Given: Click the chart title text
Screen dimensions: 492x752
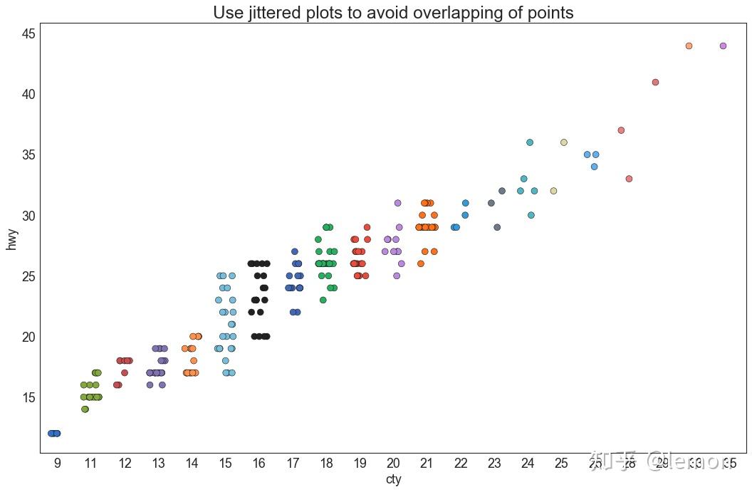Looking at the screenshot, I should [x=393, y=13].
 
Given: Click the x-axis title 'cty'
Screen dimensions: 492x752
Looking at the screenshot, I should [x=393, y=479].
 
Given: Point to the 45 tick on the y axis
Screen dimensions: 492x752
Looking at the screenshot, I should [x=27, y=33].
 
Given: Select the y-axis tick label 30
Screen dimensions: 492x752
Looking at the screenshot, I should [x=27, y=216].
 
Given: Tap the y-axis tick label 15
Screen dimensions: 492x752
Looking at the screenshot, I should [x=27, y=397].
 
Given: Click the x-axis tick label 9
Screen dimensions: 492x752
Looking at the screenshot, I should [x=57, y=464].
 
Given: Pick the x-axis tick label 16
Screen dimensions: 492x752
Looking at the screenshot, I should [x=258, y=464].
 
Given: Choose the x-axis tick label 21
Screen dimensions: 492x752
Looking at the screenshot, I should [x=427, y=464].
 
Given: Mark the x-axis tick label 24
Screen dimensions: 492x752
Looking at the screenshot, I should [x=528, y=464].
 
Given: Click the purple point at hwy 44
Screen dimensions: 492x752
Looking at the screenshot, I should [x=723, y=46].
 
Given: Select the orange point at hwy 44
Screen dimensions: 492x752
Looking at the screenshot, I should [x=689, y=46].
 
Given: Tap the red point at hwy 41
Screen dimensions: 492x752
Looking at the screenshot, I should [x=655, y=82].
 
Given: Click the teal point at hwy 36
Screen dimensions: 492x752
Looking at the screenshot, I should [x=530, y=142].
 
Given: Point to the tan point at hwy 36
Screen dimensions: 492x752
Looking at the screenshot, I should [x=564, y=142].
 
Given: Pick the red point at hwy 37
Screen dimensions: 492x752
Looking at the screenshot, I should [x=621, y=130].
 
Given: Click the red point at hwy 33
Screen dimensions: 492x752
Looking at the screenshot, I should [x=629, y=179].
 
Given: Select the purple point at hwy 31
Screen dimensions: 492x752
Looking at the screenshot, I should [x=398, y=203].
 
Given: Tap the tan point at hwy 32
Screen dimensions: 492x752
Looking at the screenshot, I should [x=553, y=191].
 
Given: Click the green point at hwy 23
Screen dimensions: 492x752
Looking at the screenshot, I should [x=323, y=300].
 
